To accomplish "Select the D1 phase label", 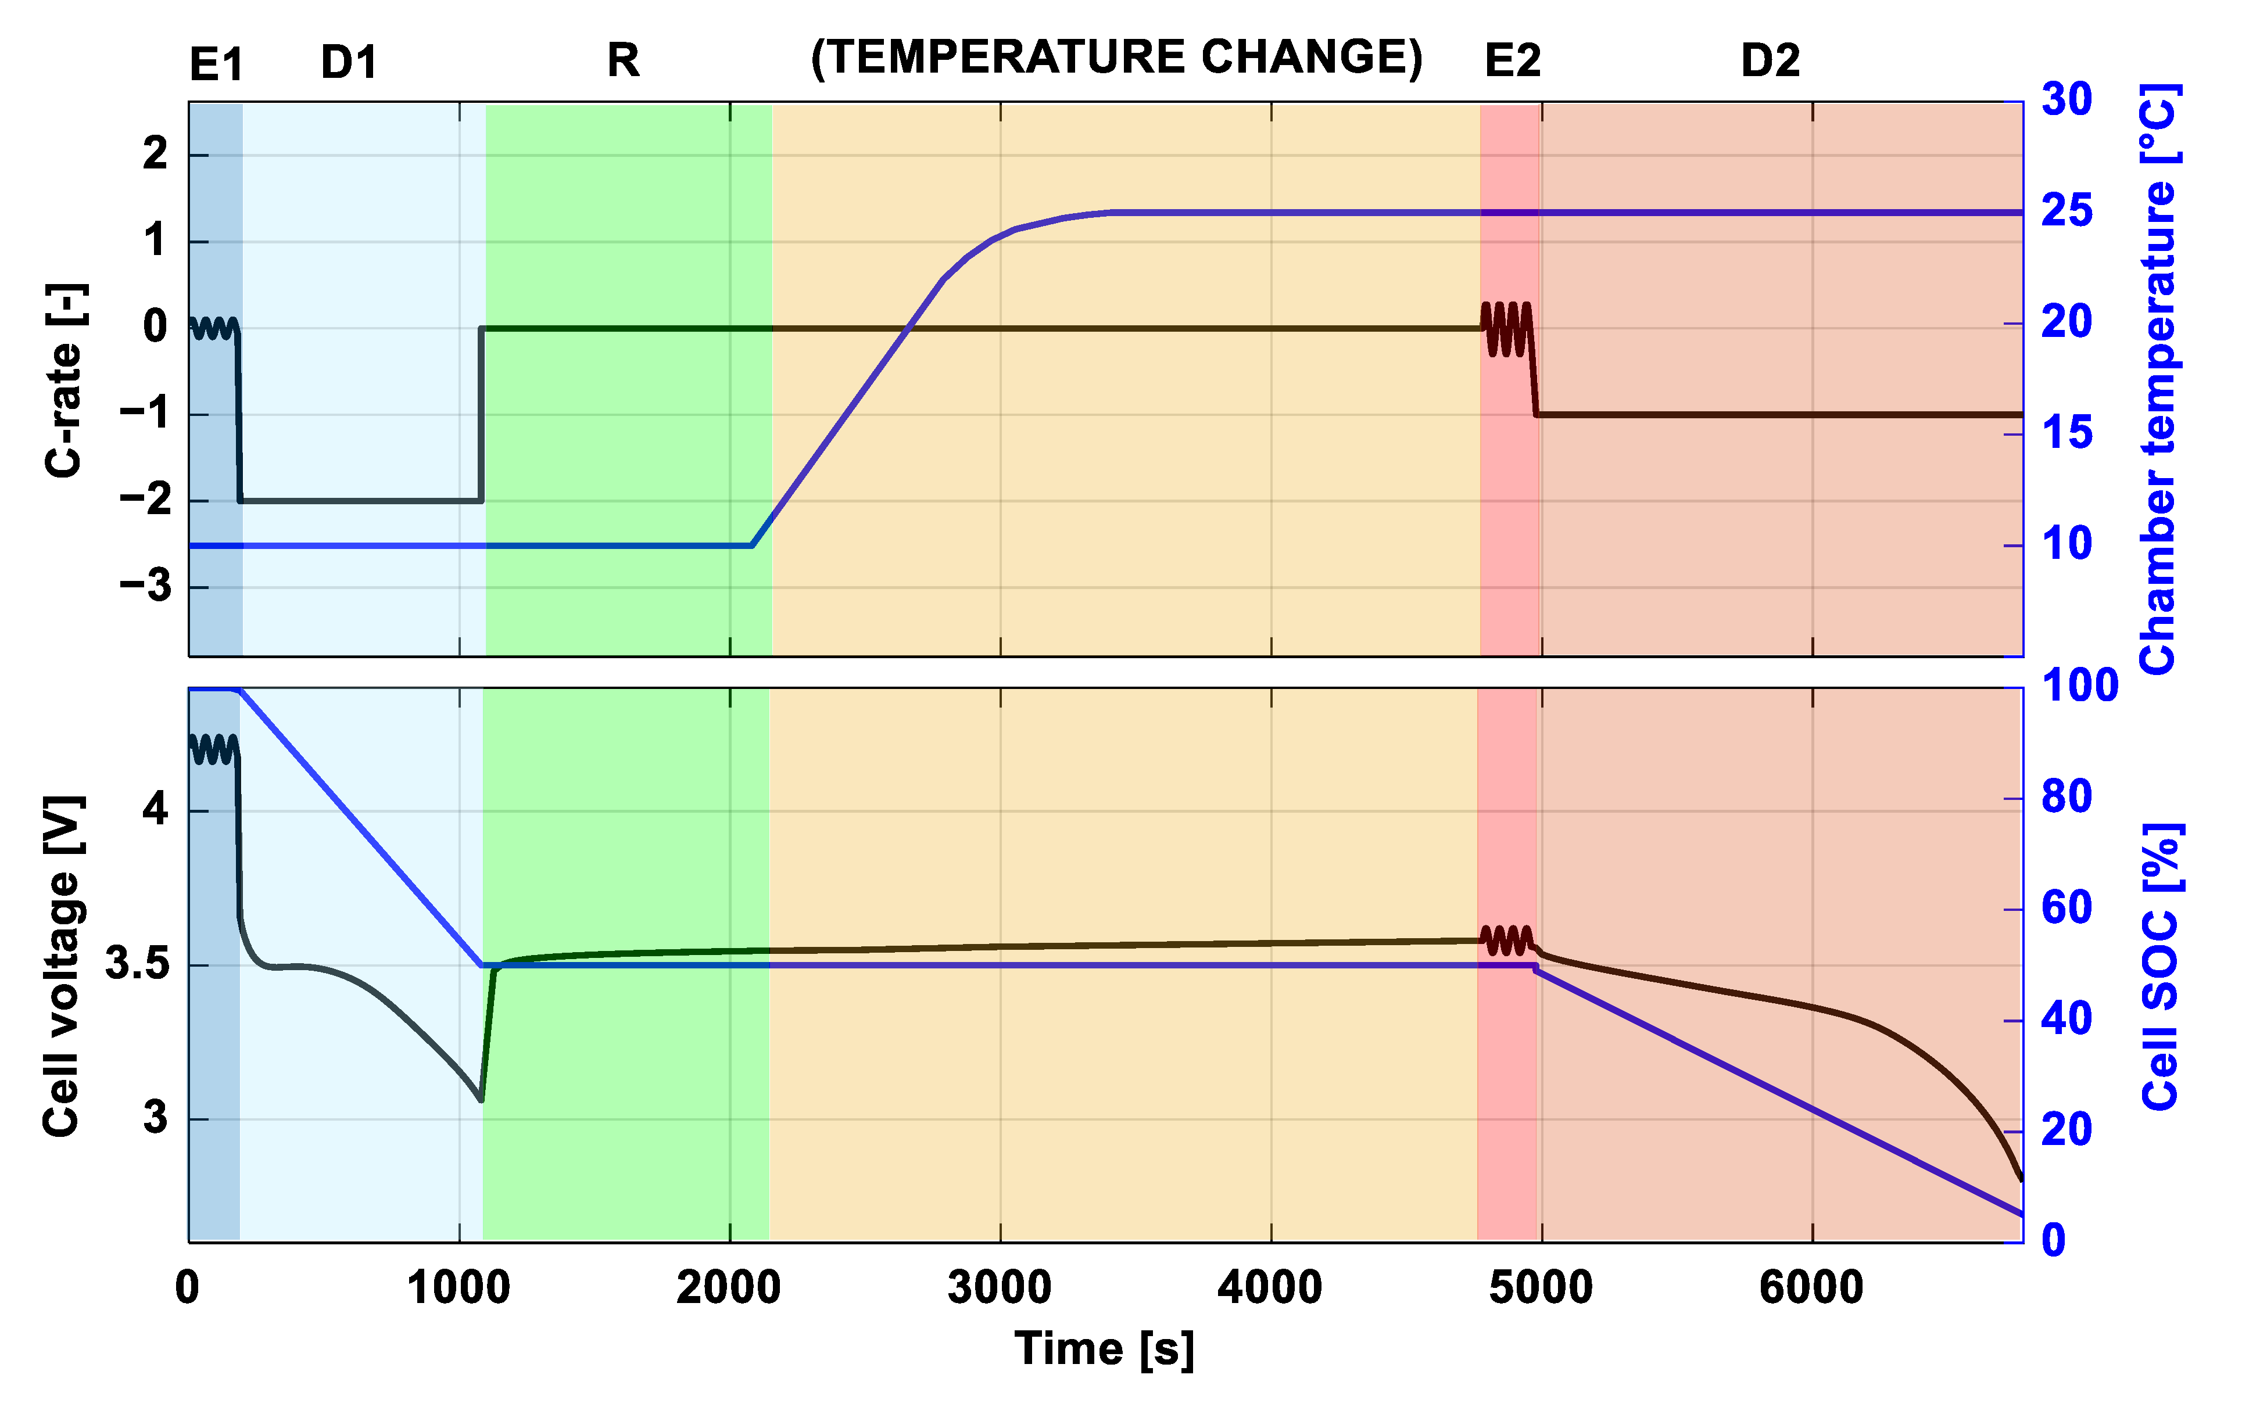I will pos(349,62).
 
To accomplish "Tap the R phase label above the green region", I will pos(622,60).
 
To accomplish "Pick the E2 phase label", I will pos(1512,62).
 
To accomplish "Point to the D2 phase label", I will pos(1770,62).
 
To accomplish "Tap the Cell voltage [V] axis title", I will pos(63,966).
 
